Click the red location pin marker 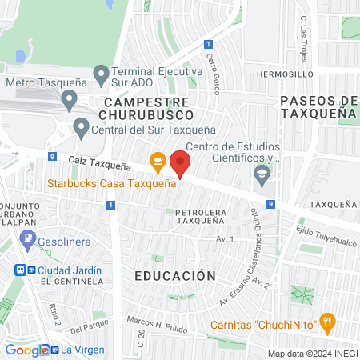pos(181,164)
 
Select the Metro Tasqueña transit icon pos(69,101)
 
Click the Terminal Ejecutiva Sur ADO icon pos(101,76)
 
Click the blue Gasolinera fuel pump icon pos(28,239)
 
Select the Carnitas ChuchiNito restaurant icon pos(326,324)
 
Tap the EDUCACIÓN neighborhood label pos(174,276)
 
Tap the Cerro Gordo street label pos(213,74)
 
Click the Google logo pos(26,350)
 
